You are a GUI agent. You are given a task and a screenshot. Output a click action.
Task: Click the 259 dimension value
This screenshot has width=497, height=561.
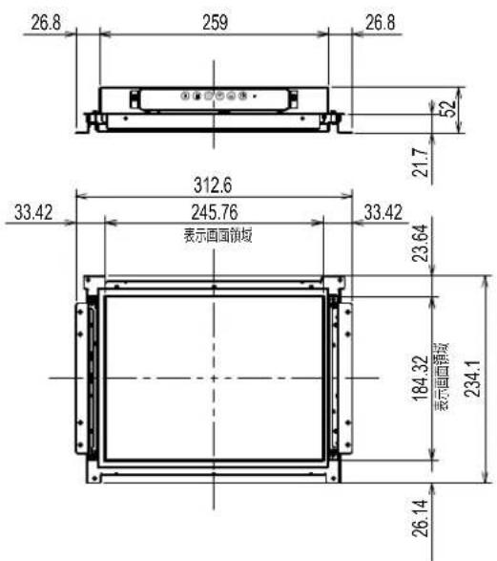215,22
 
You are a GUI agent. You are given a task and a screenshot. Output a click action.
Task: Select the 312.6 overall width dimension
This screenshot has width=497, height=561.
213,185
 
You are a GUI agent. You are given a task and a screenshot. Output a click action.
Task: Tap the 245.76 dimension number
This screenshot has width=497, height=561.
215,212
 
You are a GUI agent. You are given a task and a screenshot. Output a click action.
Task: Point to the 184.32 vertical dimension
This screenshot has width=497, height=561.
421,378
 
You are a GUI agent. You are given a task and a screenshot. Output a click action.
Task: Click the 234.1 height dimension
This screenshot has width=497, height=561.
472,378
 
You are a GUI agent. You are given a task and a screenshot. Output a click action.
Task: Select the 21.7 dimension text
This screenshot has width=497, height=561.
421,162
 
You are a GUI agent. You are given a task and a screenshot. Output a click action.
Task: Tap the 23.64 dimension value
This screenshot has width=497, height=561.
421,243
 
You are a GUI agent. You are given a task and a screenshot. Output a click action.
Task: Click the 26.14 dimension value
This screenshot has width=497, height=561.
421,518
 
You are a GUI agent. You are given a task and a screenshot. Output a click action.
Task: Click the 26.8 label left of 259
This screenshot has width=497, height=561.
46,23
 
